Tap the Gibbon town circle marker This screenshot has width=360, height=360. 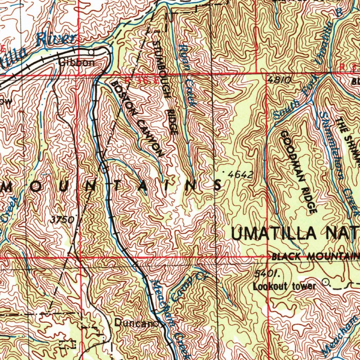(91, 52)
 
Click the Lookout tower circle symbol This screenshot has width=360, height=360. (326, 282)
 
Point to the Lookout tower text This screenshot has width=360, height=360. (284, 286)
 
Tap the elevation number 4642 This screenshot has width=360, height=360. (240, 174)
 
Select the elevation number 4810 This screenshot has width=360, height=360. (278, 80)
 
